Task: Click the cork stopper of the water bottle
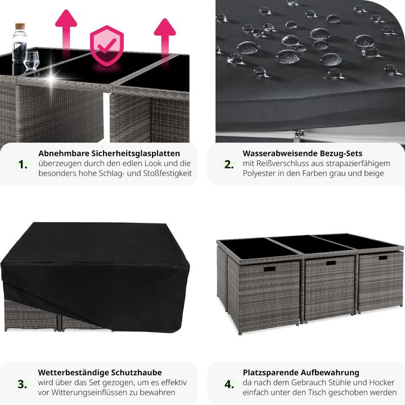20,26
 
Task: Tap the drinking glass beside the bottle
31,60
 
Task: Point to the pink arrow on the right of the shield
165,41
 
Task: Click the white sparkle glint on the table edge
51,78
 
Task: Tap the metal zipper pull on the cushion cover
299,135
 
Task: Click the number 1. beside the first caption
22,164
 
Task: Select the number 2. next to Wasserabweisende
229,164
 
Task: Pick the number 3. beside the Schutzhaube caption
22,384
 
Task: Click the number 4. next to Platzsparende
229,384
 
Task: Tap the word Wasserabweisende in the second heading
280,154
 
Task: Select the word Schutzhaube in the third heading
136,372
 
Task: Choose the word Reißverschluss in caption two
283,164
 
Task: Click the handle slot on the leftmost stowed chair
269,269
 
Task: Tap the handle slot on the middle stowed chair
331,263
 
